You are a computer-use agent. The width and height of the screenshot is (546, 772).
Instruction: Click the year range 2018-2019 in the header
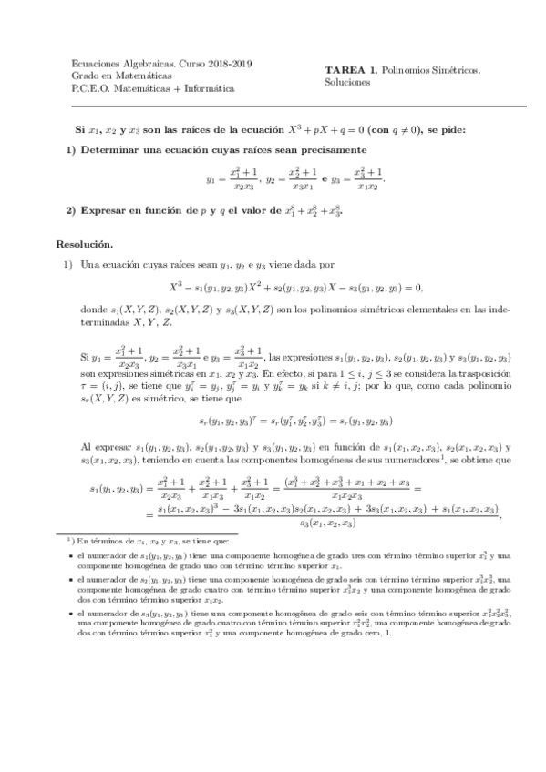228,64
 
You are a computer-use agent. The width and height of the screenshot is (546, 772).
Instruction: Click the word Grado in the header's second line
85,76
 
